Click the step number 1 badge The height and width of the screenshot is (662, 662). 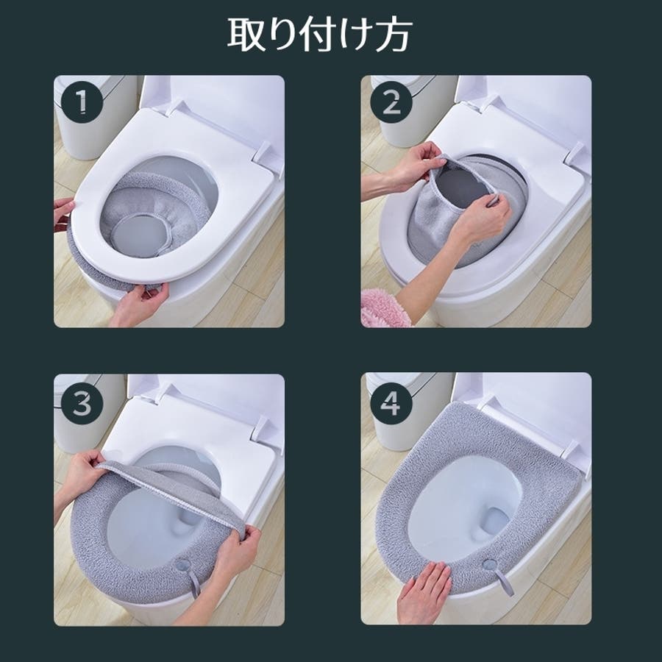point(82,102)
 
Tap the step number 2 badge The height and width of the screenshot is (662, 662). point(391,102)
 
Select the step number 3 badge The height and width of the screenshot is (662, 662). point(82,404)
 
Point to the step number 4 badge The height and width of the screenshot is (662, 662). point(391,404)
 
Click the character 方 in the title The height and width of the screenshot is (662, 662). point(394,35)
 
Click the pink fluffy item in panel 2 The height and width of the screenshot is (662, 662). point(384,308)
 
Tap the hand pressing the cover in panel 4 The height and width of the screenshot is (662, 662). point(424,591)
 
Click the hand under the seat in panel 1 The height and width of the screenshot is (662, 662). point(139,303)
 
